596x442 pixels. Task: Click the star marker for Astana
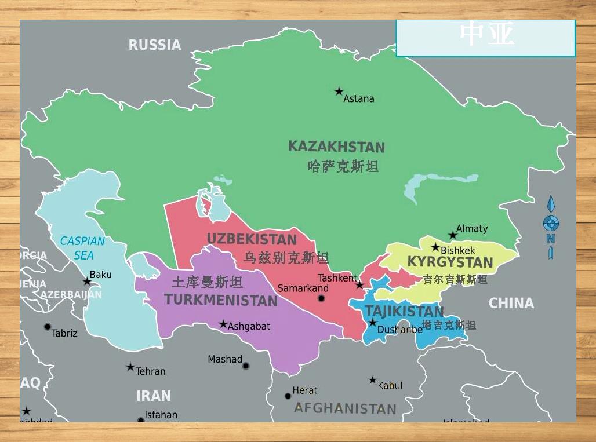339,92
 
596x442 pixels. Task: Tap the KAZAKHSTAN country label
336,147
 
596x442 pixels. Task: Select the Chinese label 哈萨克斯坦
343,167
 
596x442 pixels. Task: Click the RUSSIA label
155,45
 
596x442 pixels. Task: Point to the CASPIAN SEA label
83,248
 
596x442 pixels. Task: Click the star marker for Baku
87,282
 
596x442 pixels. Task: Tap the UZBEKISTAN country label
252,239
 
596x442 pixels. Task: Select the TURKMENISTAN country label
221,300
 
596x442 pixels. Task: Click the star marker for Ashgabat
223,324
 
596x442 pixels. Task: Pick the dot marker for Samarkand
321,298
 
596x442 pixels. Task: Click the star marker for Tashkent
359,285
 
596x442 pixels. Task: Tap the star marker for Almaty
453,235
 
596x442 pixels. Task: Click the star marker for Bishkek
435,247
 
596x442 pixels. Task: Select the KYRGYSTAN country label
450,262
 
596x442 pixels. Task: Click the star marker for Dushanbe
372,322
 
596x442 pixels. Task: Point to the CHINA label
511,303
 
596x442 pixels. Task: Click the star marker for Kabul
373,381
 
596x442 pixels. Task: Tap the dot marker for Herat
288,396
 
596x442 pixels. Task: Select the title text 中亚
486,35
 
